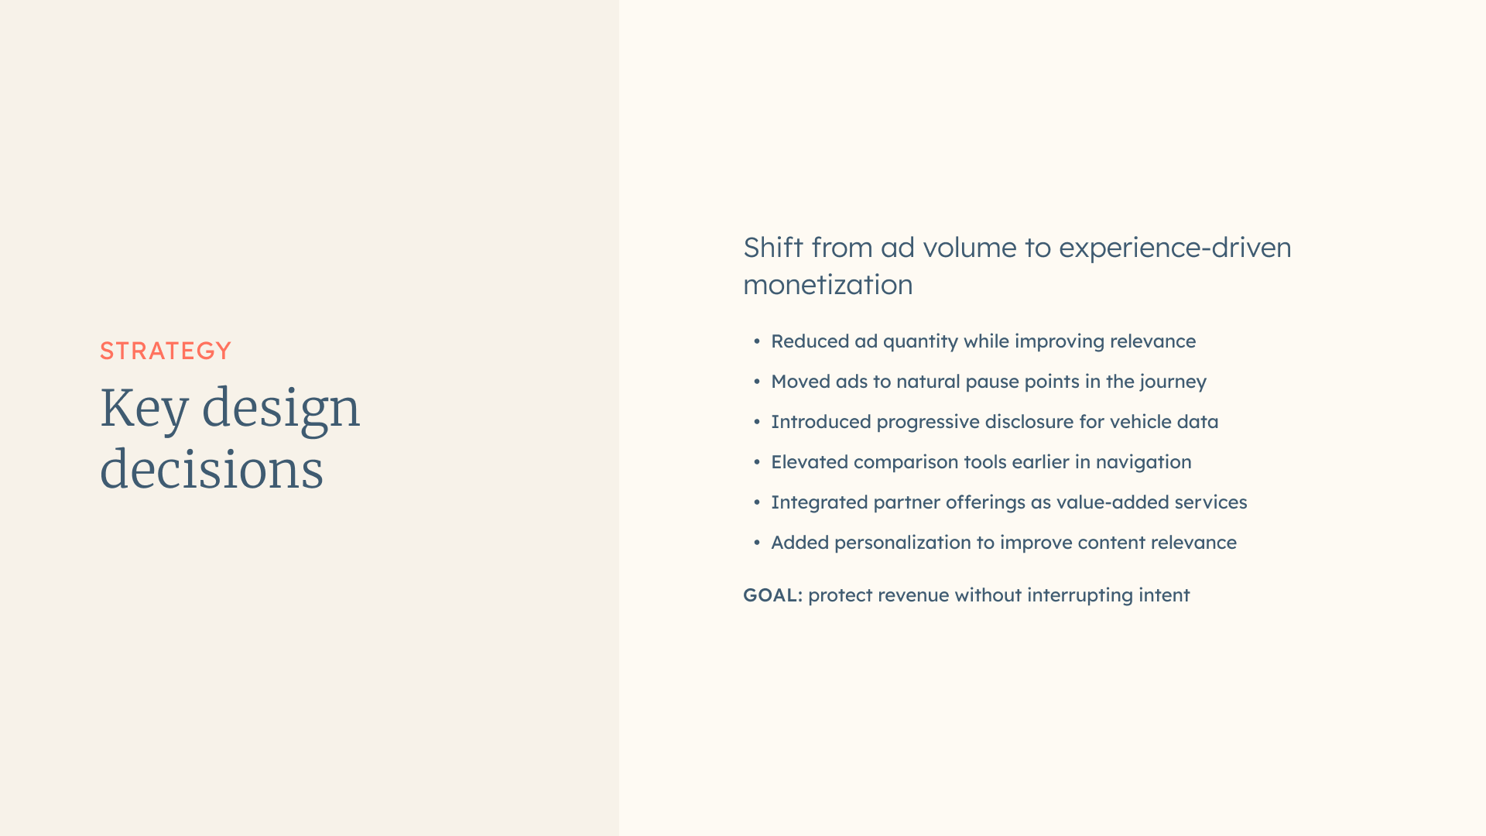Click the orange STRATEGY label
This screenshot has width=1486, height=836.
[x=166, y=351]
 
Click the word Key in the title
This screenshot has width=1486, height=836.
[x=144, y=409]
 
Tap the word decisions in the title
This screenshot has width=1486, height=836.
[x=211, y=469]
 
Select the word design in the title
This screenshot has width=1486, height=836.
[x=281, y=409]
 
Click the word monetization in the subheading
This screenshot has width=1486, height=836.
[x=828, y=285]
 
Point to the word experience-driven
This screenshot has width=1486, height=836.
[x=1175, y=248]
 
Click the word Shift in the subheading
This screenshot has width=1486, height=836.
[x=773, y=248]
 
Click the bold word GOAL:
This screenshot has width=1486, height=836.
[x=772, y=595]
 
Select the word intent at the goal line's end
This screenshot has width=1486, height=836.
[x=1164, y=595]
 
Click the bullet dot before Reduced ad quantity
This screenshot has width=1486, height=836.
[x=757, y=341]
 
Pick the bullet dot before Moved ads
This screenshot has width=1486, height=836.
[x=757, y=382]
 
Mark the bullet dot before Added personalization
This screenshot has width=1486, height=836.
[x=757, y=543]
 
